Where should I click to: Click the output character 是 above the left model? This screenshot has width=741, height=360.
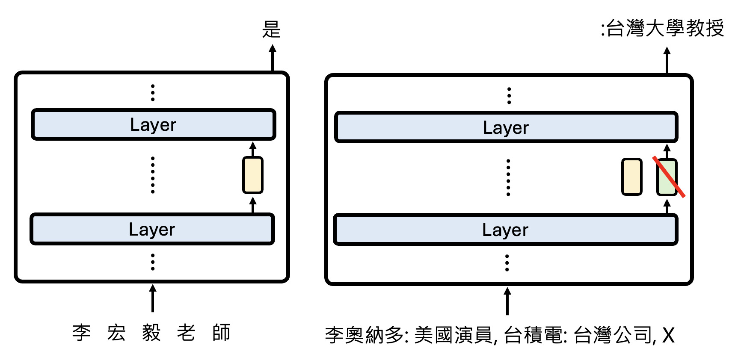click(x=271, y=30)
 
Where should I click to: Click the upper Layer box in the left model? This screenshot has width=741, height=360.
click(x=153, y=124)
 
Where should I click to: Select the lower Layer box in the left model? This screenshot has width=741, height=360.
click(x=152, y=229)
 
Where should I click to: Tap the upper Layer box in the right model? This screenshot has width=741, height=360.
click(x=506, y=127)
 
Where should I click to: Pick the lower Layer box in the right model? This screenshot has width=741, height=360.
click(x=505, y=230)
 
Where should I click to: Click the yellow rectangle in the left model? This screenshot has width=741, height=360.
click(x=252, y=175)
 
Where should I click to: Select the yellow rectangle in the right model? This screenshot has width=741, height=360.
click(x=631, y=177)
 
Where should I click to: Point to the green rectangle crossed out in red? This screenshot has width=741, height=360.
click(x=667, y=177)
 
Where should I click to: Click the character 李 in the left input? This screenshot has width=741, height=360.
click(x=81, y=333)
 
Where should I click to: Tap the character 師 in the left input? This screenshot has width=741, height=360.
click(x=221, y=333)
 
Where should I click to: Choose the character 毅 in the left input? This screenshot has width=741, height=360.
click(x=151, y=333)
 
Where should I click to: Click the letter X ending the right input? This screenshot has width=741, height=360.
click(x=668, y=335)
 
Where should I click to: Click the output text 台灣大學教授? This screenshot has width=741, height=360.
click(x=665, y=29)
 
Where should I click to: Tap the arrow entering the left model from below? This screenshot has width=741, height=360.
click(x=152, y=298)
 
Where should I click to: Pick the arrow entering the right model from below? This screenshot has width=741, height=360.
click(x=507, y=301)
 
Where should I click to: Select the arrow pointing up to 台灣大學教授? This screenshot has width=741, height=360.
click(x=667, y=61)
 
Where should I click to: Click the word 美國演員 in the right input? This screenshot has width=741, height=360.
click(x=453, y=335)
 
